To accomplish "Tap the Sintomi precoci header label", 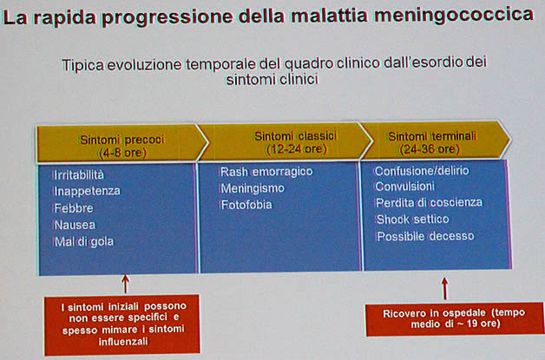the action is pos(122,140).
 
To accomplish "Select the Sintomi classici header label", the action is pos(295,136).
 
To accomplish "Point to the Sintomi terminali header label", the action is pos(432,136).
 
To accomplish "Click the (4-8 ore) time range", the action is pos(122,153).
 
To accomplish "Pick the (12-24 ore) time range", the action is pos(296,149).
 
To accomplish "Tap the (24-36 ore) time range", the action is pos(430,149).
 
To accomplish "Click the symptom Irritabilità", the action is pos(79,174).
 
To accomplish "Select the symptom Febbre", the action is pos(74,208).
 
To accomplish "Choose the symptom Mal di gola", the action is pos(83,241).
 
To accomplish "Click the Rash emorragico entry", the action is pos(266,172).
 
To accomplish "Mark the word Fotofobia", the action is pos(246,205).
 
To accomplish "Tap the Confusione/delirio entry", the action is pos(422,171).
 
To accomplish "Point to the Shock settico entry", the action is pos(412,219).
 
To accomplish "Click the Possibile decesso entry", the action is pos(425,236).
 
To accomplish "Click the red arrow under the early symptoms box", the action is pos(125,285).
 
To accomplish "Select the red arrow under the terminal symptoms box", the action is pos(444,288).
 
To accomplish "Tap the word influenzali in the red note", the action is pos(123,342).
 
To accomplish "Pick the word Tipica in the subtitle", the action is pos(82,65).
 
